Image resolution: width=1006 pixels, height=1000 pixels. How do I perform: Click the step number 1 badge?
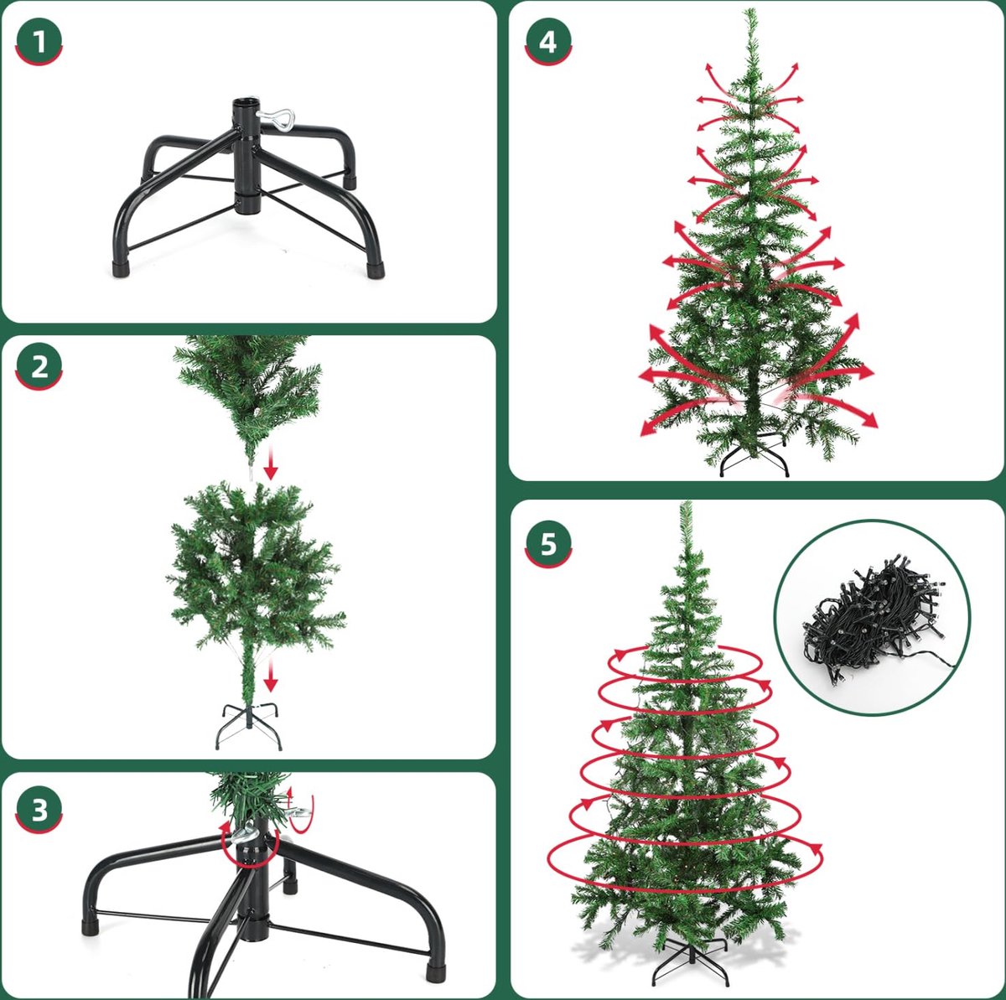39,42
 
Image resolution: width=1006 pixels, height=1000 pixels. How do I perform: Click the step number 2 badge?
39,366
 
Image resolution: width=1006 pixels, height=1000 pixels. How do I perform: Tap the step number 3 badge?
39,810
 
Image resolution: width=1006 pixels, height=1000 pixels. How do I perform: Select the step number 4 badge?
548,42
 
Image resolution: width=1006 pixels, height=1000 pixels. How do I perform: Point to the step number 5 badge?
548,545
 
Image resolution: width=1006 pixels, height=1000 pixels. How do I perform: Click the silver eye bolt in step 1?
276,117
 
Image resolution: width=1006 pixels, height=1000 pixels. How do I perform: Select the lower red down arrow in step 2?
270,674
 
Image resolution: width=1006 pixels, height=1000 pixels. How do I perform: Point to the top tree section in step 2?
248,396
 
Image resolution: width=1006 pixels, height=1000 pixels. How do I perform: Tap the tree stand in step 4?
754,458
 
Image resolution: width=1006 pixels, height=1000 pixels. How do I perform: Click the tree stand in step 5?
690,961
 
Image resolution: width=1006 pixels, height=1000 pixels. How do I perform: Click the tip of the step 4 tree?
750,9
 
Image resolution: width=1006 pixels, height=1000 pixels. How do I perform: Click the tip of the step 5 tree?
686,504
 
